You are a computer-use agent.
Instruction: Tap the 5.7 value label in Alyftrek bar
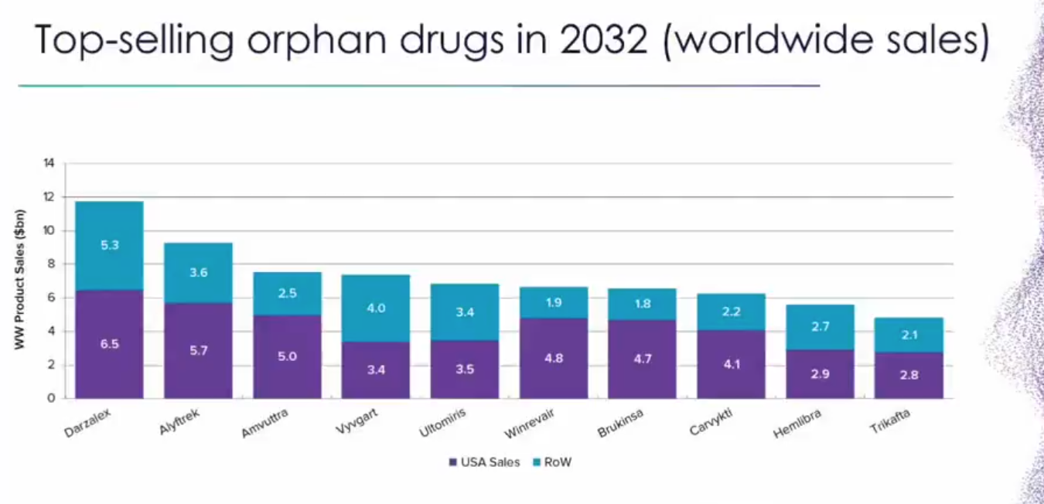coord(198,350)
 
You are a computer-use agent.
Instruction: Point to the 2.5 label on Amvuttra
coord(287,293)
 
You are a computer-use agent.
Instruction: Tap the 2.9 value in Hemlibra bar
coord(820,374)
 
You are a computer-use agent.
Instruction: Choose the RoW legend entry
coord(551,462)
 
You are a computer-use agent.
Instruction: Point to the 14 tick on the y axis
coord(49,163)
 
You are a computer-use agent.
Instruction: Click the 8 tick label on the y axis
coord(52,264)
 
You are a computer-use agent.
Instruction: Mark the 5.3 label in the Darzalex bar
coord(109,245)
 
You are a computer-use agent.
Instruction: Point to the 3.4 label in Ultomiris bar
coord(465,313)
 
